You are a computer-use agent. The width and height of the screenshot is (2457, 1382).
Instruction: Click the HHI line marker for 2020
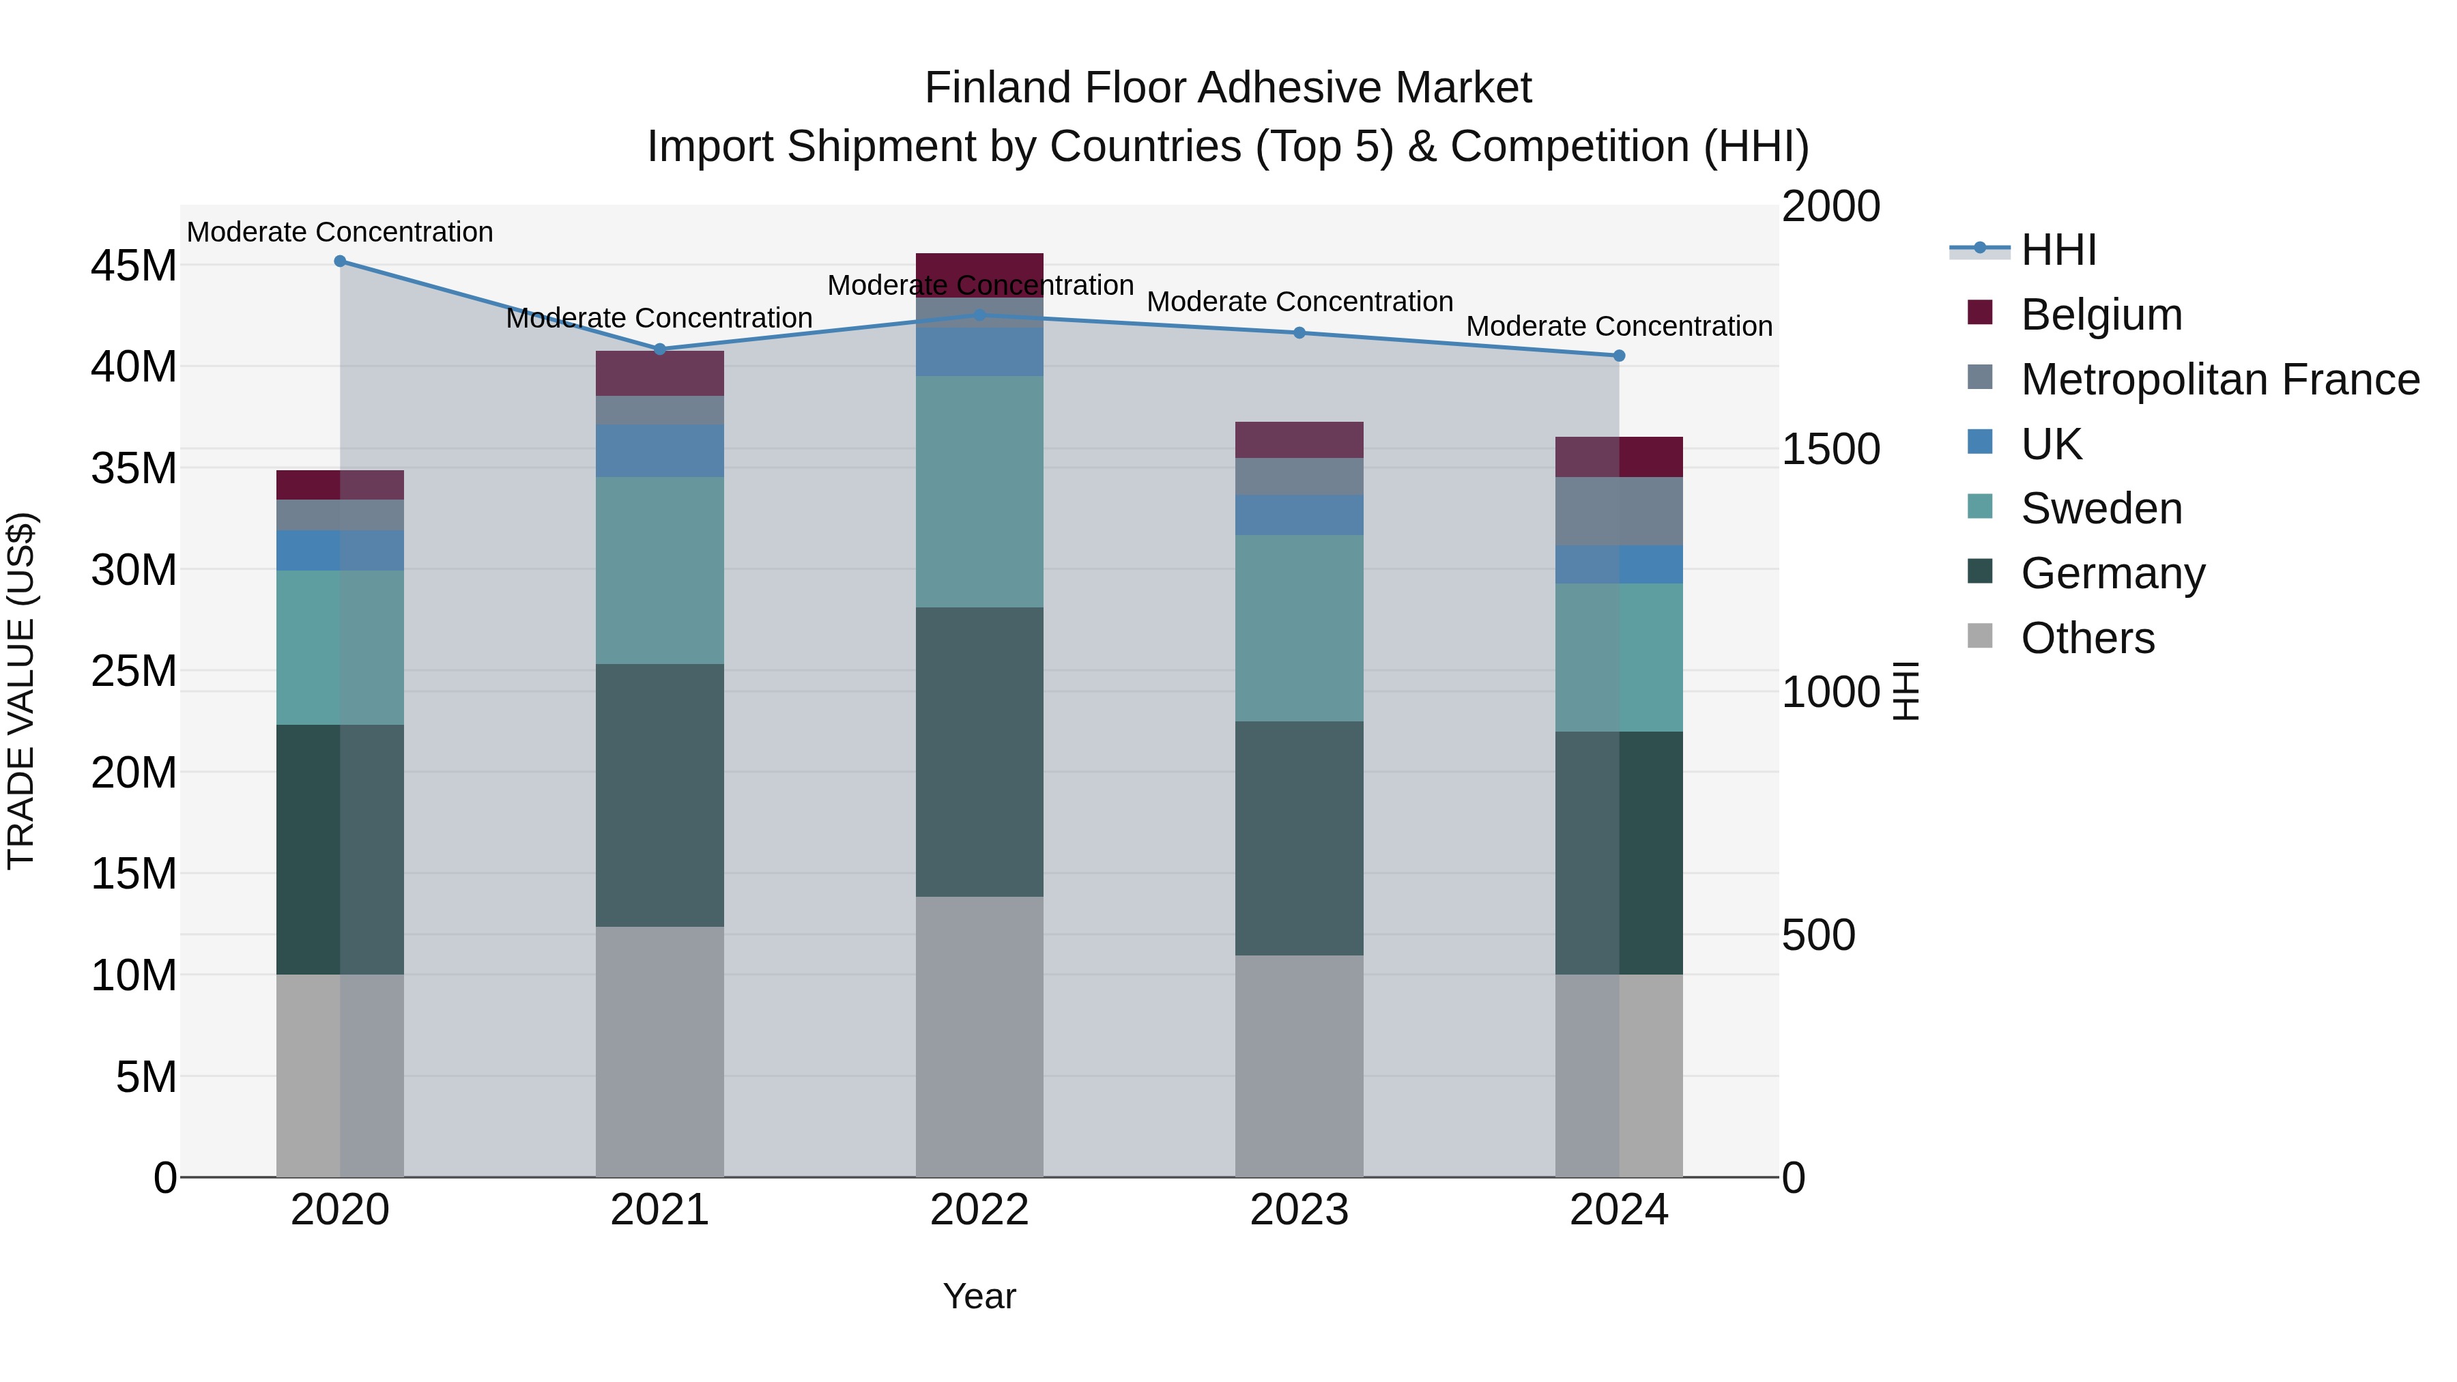point(340,261)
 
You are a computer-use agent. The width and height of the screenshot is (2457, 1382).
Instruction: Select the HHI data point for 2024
point(1619,356)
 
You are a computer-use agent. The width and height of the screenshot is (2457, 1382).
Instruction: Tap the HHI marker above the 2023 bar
point(1299,333)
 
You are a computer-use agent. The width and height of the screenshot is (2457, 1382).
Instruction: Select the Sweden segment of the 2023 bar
point(1299,628)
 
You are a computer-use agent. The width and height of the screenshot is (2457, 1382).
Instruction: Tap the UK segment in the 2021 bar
point(659,450)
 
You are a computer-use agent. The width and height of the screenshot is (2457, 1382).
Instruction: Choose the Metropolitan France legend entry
point(2219,379)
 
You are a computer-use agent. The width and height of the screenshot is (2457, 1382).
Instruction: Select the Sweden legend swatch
point(1980,507)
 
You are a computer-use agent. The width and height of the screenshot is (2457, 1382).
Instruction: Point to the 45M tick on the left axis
point(134,265)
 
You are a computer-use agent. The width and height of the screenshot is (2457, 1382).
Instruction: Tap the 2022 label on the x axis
point(979,1210)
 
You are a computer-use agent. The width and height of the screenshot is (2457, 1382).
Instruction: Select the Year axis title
point(979,1296)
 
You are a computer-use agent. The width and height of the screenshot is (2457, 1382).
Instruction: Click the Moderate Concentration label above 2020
point(340,232)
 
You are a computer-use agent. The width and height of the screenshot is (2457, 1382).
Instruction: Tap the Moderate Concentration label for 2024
point(1619,326)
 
